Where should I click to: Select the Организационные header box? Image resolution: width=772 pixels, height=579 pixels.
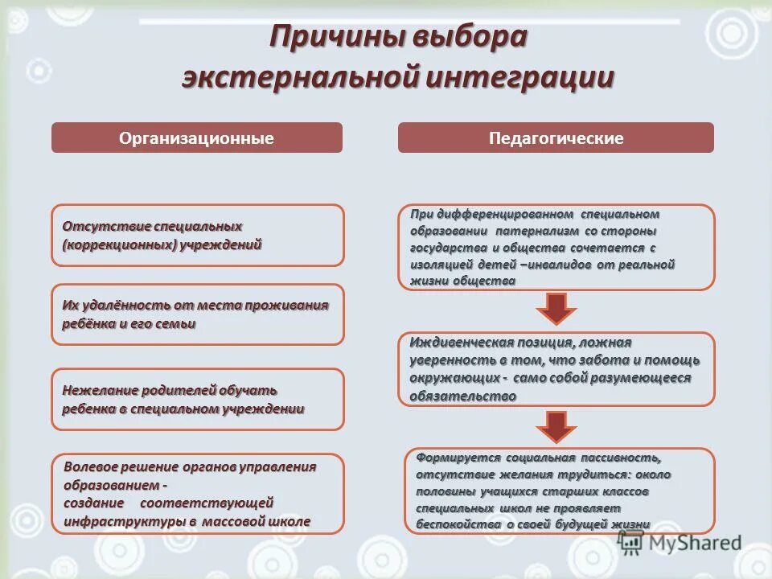click(197, 138)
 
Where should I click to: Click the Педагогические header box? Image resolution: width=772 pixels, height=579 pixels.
click(556, 138)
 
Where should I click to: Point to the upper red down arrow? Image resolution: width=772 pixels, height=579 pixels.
click(556, 308)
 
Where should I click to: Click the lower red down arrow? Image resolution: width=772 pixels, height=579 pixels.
click(556, 426)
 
